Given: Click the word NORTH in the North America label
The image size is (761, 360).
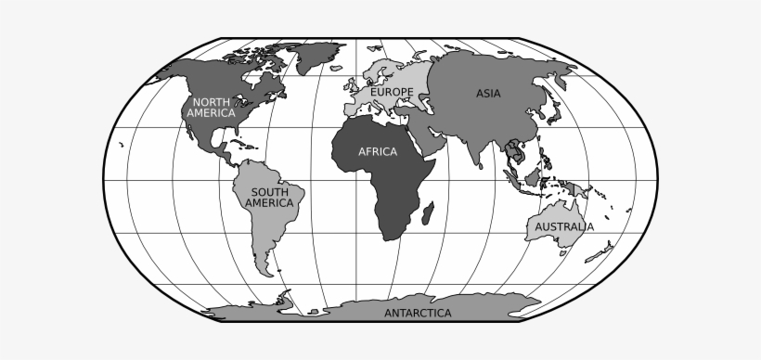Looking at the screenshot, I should tap(211, 101).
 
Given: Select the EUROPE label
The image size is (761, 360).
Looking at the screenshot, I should tap(392, 92).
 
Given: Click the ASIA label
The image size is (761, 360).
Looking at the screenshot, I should tap(489, 93).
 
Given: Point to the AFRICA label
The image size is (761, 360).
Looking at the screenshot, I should tap(378, 152).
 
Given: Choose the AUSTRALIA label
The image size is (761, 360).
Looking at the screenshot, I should tap(563, 225).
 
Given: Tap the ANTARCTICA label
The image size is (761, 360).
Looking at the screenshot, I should tap(418, 313).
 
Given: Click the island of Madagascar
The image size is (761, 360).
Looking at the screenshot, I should tap(426, 217).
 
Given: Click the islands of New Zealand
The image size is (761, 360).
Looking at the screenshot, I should tap(604, 252).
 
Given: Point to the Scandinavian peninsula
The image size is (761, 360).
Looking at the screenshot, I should tap(380, 70).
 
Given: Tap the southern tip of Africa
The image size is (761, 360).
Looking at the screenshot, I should tap(391, 238).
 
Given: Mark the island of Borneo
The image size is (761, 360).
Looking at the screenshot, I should tap(535, 176).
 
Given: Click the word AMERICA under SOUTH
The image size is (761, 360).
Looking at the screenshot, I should tap(269, 202).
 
